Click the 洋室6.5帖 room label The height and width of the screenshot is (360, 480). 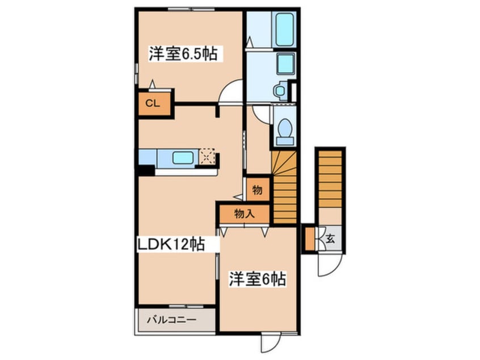183,54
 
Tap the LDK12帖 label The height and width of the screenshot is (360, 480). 171,244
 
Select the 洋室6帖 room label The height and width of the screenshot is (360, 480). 258,279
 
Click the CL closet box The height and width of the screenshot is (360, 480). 154,103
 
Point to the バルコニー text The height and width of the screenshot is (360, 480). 171,320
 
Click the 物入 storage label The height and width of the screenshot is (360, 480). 245,214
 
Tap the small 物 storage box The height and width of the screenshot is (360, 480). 258,190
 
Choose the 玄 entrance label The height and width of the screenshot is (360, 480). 330,238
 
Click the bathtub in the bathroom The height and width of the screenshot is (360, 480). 285,30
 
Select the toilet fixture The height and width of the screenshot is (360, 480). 285,132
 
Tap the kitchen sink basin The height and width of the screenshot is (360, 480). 183,158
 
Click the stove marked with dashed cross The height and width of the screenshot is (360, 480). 207,157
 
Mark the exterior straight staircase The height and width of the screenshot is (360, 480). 330,179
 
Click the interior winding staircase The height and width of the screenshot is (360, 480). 284,187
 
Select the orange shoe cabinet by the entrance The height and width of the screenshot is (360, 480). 310,238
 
